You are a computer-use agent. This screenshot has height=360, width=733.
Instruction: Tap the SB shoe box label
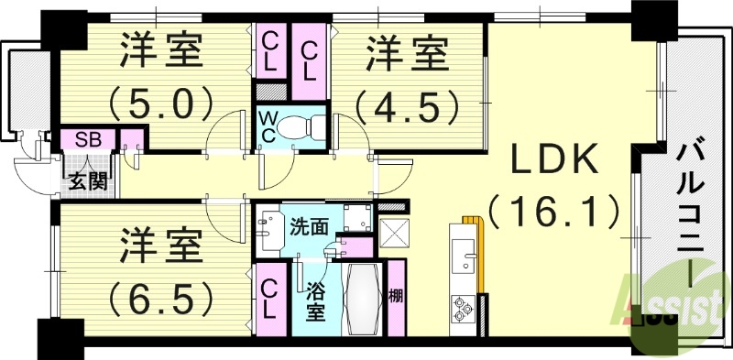coord(88,140)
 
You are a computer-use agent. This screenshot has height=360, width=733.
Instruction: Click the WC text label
coord(267,126)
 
